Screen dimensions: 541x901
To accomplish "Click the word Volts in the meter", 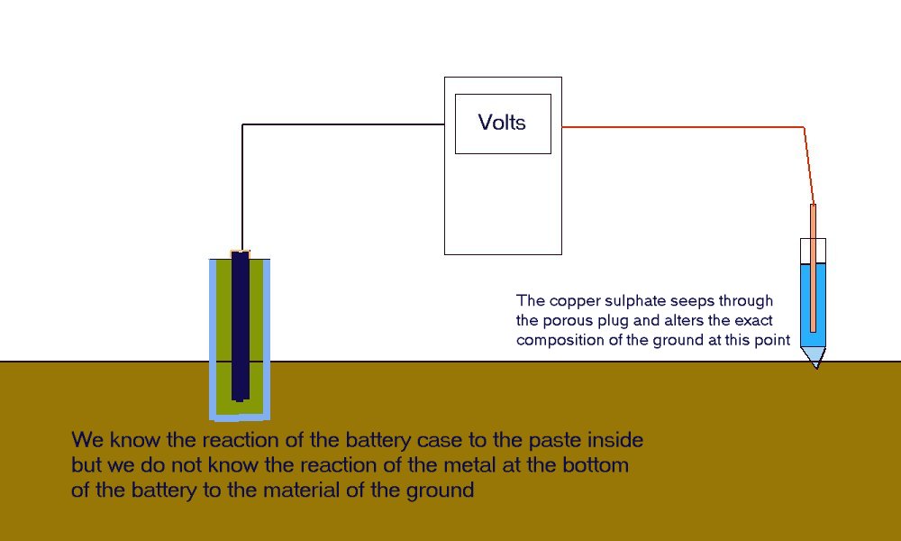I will pos(502,123).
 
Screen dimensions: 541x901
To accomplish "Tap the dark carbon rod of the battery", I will pos(241,325).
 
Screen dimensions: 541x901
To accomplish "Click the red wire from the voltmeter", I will pos(685,127).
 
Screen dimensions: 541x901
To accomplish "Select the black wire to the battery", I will pos(342,124).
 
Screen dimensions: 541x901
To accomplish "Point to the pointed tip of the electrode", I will pos(815,364).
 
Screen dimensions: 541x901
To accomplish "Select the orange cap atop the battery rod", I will pos(241,251).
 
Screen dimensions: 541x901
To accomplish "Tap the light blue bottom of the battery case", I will pos(241,416).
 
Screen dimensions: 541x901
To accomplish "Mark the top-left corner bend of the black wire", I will pos(243,125).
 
